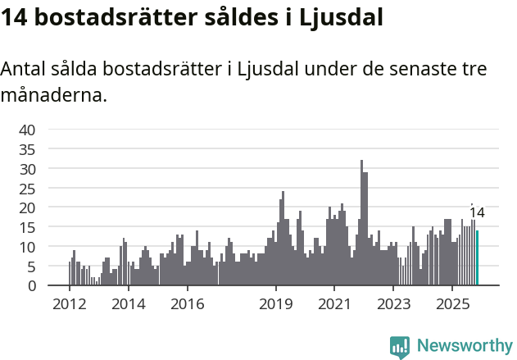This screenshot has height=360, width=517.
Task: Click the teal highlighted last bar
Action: [478, 258]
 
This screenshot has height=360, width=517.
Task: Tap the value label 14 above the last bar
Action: [477, 213]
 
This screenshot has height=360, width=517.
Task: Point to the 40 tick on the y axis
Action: [27, 130]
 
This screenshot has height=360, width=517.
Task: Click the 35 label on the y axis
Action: [27, 149]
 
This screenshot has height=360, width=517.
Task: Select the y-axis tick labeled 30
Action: [27, 169]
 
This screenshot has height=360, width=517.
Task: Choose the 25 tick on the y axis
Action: [27, 189]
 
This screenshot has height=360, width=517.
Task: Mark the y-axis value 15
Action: [27, 227]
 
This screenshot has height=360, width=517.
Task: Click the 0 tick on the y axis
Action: [31, 286]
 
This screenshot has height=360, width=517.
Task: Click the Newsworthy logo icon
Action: [400, 347]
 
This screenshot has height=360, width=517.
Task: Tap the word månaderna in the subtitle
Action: [53, 96]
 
